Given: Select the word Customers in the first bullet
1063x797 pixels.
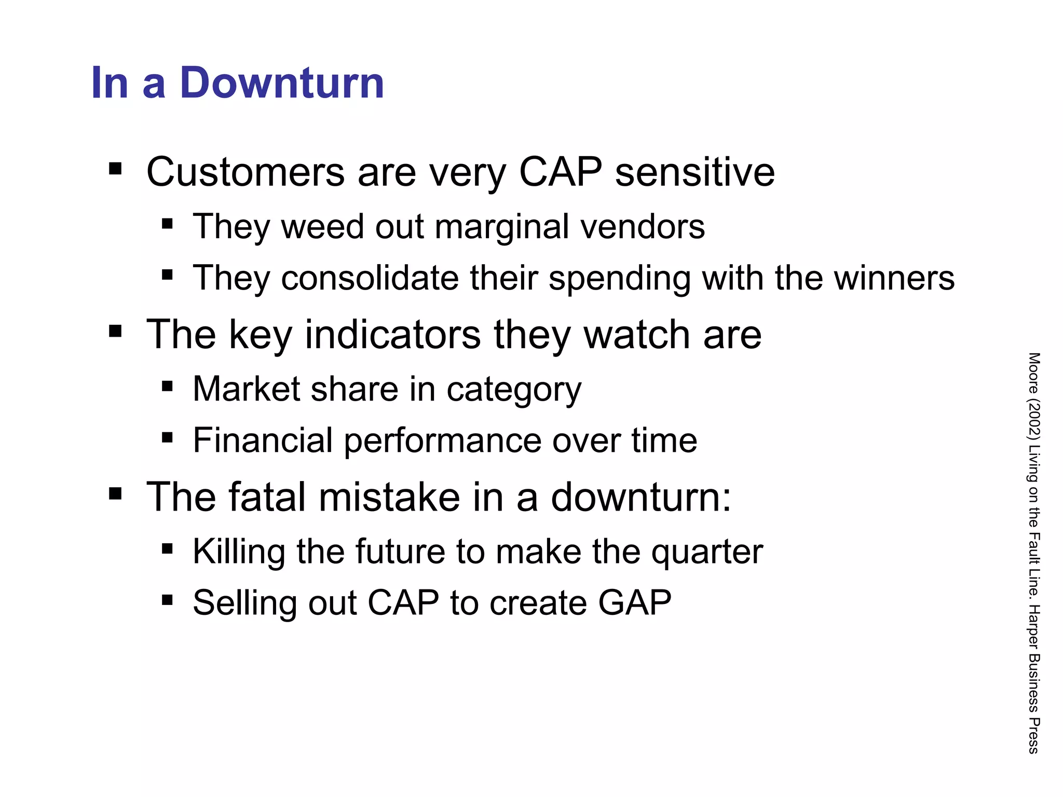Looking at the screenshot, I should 246,172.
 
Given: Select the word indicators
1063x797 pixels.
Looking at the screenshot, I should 393,335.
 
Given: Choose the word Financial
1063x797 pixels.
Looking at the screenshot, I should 263,440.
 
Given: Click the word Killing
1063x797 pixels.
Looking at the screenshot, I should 239,551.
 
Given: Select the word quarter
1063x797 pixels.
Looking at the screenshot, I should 707,552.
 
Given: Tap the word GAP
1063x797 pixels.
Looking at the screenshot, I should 634,603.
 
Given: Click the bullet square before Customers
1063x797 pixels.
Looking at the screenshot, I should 115,169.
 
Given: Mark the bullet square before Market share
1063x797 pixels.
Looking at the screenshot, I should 167,386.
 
